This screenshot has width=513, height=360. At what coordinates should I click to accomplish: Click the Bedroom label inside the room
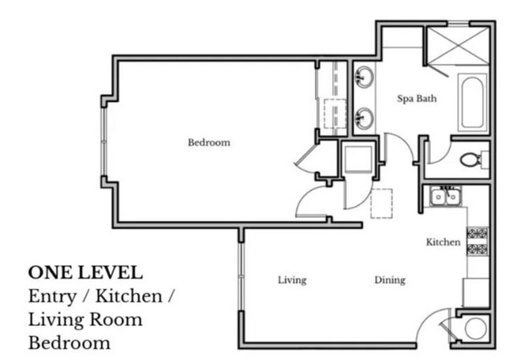pos(208,143)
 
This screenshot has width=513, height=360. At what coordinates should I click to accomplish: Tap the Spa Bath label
pos(416,99)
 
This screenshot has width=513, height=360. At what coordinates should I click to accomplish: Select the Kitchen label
pos(443,242)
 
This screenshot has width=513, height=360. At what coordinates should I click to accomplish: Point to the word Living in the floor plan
pos(292,280)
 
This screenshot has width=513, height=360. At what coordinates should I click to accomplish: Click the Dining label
pos(390,280)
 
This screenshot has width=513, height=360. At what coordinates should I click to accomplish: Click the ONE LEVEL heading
pos(85,273)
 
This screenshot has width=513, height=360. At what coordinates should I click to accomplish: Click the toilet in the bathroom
pos(472,159)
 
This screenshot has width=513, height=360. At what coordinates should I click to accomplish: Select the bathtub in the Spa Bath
pos(473,103)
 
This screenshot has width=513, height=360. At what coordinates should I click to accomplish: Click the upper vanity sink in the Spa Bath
pos(364,77)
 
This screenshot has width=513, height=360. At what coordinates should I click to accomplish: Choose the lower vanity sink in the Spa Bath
pos(364,118)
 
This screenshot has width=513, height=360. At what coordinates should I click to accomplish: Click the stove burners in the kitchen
pos(477,242)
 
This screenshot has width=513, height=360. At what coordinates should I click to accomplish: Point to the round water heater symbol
pos(477,328)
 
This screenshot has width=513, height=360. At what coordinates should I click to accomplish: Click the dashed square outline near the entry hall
pos(382,204)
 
